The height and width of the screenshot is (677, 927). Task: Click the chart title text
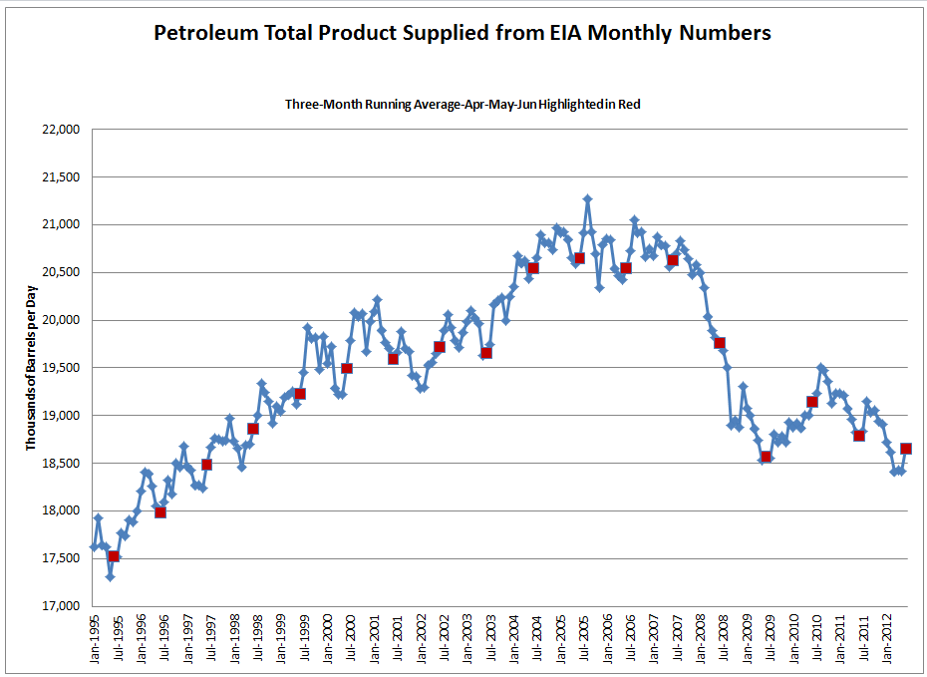click(463, 33)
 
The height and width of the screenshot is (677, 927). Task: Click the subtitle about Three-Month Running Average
click(463, 104)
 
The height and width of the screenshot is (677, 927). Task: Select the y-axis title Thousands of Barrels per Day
click(34, 367)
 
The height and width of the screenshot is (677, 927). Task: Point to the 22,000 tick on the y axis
click(59, 130)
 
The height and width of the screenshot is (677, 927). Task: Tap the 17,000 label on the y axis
click(59, 606)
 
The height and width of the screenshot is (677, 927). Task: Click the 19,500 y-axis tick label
click(59, 368)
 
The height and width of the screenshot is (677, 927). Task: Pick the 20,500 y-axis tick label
click(59, 272)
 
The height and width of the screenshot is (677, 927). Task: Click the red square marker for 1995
click(114, 556)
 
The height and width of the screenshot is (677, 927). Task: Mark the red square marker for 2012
click(905, 449)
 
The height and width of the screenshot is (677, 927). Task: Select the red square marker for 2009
click(766, 457)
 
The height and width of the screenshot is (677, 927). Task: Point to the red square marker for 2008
click(719, 343)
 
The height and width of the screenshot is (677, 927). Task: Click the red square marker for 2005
click(579, 258)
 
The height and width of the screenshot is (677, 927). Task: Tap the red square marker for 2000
click(347, 368)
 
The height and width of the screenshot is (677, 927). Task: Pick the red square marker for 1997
click(207, 464)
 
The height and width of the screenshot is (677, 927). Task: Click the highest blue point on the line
click(587, 198)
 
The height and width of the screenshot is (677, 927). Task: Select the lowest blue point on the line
click(110, 576)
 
